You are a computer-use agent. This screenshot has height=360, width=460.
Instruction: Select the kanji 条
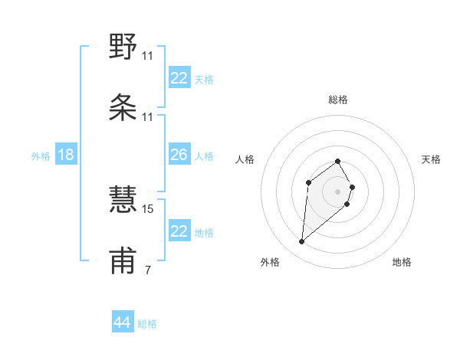click(x=123, y=109)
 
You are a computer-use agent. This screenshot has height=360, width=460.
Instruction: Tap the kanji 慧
click(x=123, y=199)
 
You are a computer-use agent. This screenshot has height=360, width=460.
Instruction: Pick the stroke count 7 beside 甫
click(x=147, y=270)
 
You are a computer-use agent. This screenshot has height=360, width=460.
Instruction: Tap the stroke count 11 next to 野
click(x=148, y=56)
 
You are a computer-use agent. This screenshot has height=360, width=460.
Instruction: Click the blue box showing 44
click(x=123, y=322)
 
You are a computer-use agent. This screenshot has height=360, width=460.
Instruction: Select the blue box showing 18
click(x=66, y=155)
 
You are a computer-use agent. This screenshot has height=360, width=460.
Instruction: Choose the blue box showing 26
click(x=179, y=155)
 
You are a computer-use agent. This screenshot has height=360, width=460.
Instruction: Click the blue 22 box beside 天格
click(x=179, y=78)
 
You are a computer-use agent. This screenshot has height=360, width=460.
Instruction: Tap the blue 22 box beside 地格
click(x=179, y=231)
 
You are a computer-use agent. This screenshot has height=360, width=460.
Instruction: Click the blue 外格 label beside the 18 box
click(x=41, y=156)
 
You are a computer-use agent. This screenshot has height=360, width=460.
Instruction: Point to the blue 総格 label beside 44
click(x=147, y=324)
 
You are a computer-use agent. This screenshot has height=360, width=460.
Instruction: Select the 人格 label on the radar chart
click(x=245, y=159)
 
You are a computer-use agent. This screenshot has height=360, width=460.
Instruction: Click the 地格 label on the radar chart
click(x=402, y=262)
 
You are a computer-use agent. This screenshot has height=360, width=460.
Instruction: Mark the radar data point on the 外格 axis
click(x=301, y=242)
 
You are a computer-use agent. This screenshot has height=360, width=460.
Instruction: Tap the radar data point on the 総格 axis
click(x=337, y=162)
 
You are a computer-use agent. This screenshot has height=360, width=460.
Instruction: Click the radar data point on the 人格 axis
click(x=308, y=182)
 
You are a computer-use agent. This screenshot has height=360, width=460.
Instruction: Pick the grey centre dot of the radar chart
click(x=337, y=191)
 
